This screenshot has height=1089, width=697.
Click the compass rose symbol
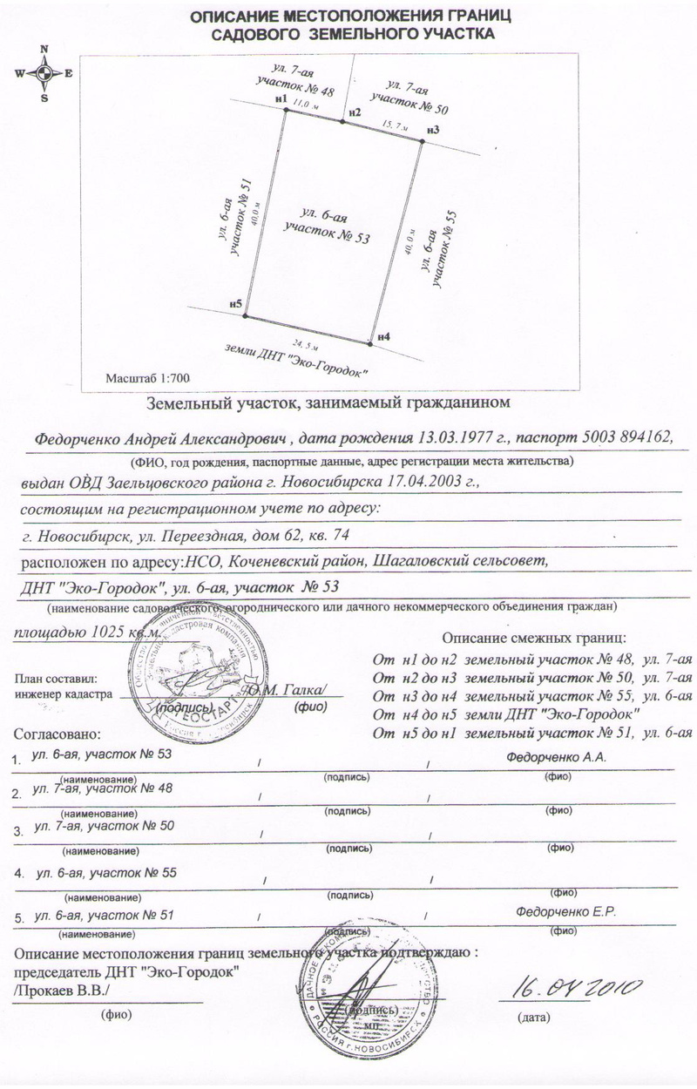click(44, 73)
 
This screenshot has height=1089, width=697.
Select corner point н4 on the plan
click(371, 344)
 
